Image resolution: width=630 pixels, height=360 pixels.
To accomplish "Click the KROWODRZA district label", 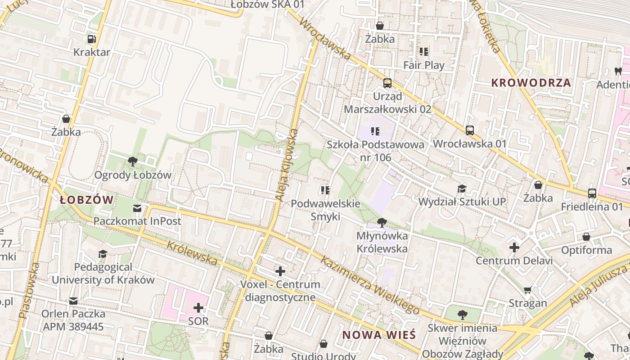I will pyautogui.click(x=531, y=83).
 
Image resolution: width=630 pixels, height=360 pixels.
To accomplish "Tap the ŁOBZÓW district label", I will pyautogui.click(x=87, y=200).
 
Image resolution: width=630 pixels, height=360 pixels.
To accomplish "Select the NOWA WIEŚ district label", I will pyautogui.click(x=379, y=335).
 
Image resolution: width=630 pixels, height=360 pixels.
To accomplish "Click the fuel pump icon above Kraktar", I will pyautogui.click(x=91, y=39).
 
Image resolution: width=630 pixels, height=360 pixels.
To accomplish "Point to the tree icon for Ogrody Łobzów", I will pyautogui.click(x=133, y=161).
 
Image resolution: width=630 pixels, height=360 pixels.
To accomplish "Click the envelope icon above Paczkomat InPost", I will pyautogui.click(x=137, y=208).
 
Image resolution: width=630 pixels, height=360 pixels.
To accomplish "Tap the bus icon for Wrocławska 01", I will pyautogui.click(x=470, y=130).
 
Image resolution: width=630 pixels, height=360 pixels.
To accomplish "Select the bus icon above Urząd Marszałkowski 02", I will pyautogui.click(x=387, y=83).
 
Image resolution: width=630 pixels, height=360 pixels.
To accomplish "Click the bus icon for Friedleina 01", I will pyautogui.click(x=592, y=193).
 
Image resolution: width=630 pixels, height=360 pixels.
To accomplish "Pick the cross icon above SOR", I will pyautogui.click(x=198, y=308).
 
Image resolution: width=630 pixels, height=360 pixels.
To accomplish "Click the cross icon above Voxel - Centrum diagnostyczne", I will pyautogui.click(x=280, y=271).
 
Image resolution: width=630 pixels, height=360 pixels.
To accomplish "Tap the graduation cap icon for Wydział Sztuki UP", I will pyautogui.click(x=462, y=189).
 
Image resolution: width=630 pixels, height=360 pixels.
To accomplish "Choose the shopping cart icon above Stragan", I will pyautogui.click(x=528, y=290).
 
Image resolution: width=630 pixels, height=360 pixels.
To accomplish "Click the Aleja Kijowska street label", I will pyautogui.click(x=287, y=165).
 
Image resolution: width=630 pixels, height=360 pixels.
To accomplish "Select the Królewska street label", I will pyautogui.click(x=192, y=253).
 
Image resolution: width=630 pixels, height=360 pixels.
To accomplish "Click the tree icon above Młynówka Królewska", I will pyautogui.click(x=382, y=222).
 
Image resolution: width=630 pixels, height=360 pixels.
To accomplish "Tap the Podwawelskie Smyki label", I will pyautogui.click(x=325, y=210).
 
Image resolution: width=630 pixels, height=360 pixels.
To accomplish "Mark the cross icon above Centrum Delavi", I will pyautogui.click(x=514, y=247).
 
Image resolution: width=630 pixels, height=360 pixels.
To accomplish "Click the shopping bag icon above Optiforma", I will pyautogui.click(x=586, y=237).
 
